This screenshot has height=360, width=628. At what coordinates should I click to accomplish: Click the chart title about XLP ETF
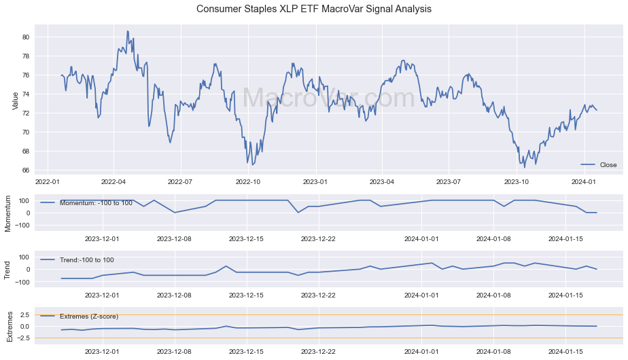click(314, 10)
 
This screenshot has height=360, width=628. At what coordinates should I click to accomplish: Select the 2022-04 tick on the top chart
click(114, 182)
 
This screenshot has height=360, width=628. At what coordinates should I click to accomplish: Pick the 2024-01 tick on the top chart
click(583, 182)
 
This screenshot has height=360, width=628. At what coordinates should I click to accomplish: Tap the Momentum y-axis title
click(9, 213)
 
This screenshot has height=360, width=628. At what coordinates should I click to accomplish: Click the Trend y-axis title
click(9, 269)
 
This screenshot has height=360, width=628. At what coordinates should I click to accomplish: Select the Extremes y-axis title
click(9, 326)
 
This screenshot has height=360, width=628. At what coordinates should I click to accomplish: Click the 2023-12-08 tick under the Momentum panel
click(175, 238)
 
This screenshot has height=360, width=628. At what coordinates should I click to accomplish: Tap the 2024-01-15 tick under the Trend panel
click(566, 295)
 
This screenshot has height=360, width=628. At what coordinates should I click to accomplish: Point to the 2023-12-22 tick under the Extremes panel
click(319, 352)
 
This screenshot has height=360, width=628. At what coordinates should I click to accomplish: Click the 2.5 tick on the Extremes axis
click(24, 315)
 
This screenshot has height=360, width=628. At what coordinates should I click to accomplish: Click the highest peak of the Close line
click(127, 31)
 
